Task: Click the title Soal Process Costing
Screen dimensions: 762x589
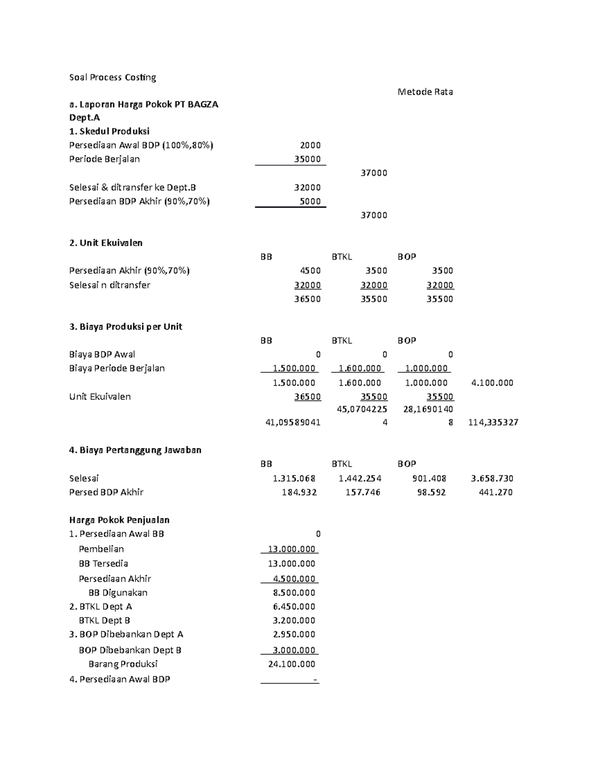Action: [x=112, y=77]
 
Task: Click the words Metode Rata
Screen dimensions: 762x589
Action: [x=425, y=92]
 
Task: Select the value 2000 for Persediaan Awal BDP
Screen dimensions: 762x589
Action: [x=310, y=145]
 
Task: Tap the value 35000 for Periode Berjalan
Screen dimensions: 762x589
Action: [x=307, y=159]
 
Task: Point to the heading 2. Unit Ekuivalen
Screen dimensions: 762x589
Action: [x=106, y=243]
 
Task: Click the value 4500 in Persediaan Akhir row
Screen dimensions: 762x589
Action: [x=310, y=271]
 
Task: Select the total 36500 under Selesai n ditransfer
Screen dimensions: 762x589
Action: [x=307, y=299]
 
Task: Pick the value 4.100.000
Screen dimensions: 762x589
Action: [x=492, y=383]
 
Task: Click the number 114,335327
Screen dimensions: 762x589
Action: [x=493, y=422]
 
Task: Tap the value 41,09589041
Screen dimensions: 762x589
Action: [x=293, y=422]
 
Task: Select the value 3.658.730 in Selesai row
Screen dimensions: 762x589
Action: [x=492, y=478]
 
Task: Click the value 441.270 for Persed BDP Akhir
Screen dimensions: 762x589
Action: [x=495, y=492]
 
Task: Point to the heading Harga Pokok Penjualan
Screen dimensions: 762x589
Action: [x=119, y=520]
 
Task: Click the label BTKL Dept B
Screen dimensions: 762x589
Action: [x=104, y=620]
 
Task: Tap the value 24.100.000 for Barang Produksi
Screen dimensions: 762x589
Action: [x=292, y=664]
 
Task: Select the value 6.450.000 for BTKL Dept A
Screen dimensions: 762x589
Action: [x=294, y=606]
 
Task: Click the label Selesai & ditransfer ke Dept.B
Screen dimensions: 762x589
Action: [x=133, y=187]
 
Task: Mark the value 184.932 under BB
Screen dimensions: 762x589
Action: [x=299, y=492]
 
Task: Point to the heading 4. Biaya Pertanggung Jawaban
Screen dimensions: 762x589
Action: [x=135, y=450]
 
